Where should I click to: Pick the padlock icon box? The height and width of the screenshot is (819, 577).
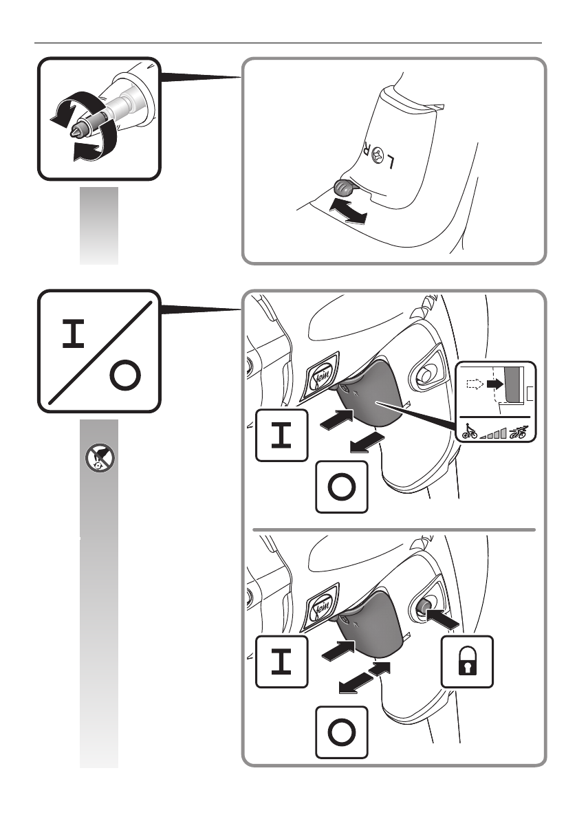(467, 662)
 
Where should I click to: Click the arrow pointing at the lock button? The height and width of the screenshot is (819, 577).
(440, 619)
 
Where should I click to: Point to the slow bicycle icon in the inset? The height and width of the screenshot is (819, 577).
(470, 432)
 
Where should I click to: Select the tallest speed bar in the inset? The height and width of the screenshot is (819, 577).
(503, 432)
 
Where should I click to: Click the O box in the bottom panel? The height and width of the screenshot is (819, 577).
(342, 733)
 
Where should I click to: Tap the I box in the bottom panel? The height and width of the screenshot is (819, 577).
(282, 661)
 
